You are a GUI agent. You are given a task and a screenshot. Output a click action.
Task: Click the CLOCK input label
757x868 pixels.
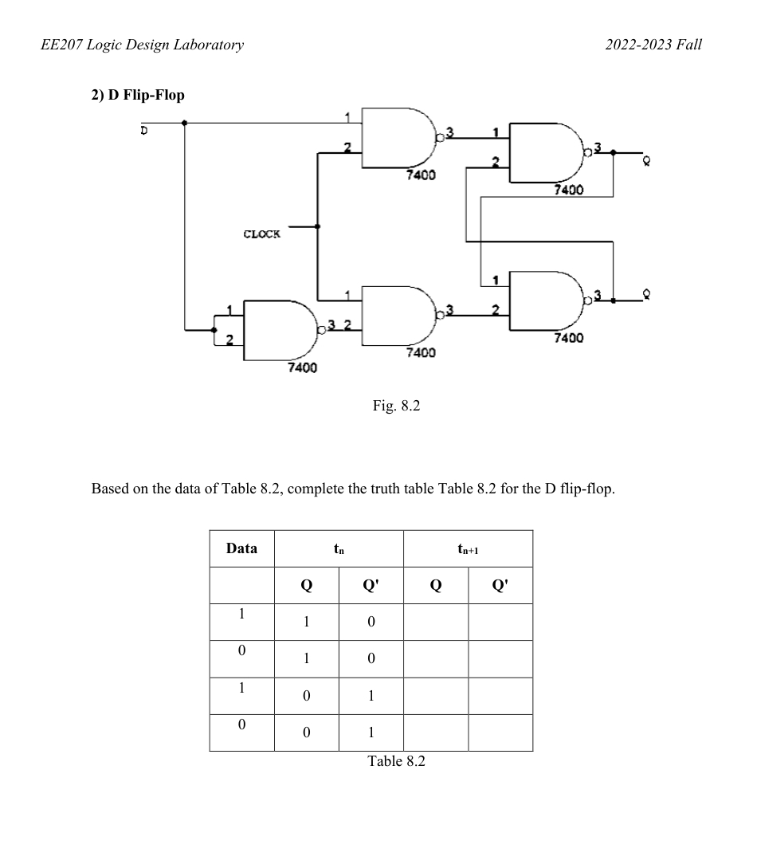tap(261, 235)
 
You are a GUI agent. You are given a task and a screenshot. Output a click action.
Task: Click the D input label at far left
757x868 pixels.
tap(143, 129)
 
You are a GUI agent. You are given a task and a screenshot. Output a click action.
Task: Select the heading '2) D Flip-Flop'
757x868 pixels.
tap(136, 95)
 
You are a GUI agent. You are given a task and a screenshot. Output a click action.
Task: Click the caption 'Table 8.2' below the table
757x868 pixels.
tap(396, 761)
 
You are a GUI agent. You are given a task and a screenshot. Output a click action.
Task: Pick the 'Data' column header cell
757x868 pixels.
tap(241, 548)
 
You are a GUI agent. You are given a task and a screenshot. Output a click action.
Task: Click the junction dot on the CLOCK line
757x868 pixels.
tap(318, 226)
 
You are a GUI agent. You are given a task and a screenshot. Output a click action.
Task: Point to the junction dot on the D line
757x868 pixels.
tap(185, 123)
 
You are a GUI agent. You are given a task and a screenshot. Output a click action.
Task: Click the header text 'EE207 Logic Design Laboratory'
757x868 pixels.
tap(141, 45)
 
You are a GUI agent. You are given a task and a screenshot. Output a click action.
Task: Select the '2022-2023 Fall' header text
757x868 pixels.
tap(653, 45)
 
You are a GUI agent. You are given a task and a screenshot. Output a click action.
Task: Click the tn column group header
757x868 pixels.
tap(339, 548)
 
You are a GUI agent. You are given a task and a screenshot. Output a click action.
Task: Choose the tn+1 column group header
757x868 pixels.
tap(468, 548)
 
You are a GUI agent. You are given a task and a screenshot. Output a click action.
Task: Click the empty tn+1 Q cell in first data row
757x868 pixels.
tap(436, 622)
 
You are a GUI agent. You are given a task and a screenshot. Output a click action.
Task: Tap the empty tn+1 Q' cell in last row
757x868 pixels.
tap(500, 732)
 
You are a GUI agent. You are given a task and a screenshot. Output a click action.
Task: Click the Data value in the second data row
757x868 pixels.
tap(241, 652)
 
